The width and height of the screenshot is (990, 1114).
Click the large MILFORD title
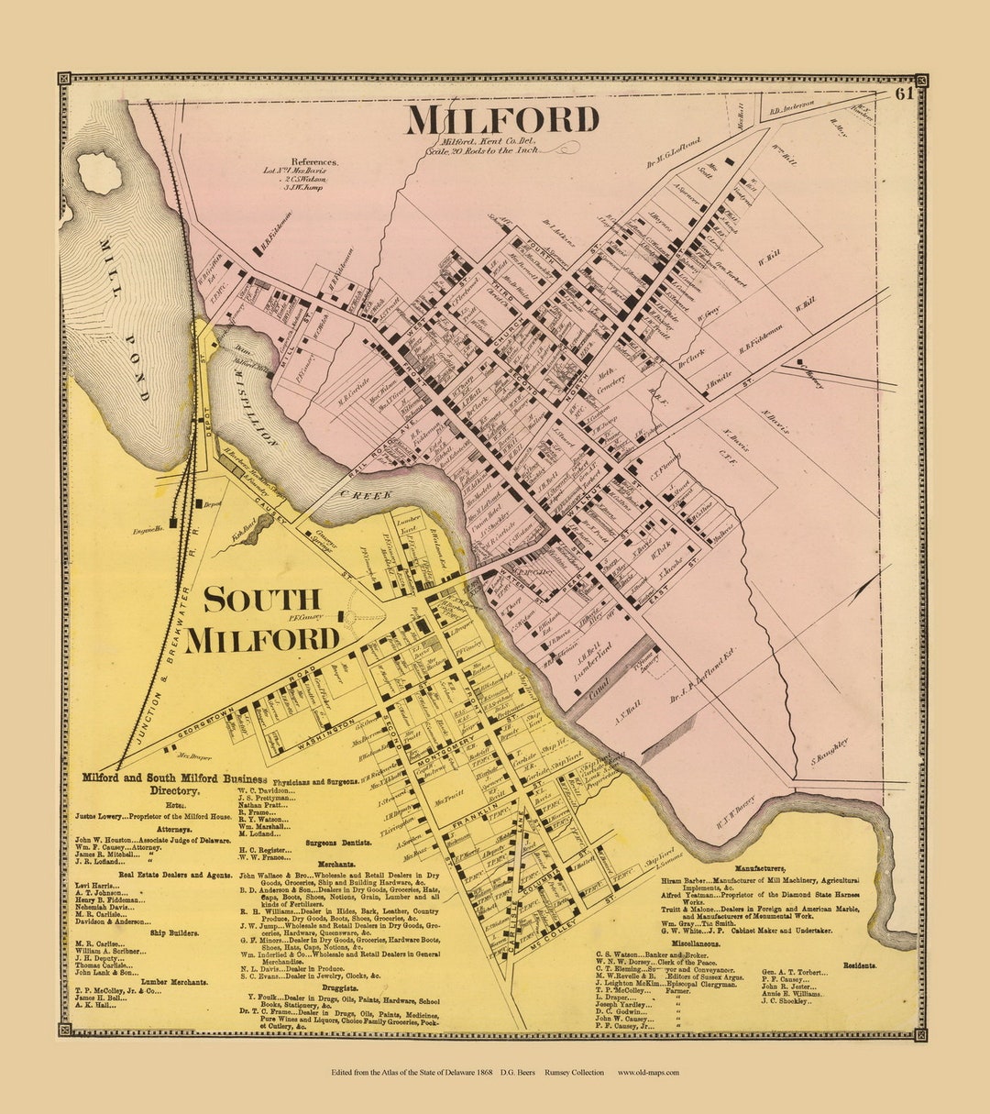click(x=502, y=120)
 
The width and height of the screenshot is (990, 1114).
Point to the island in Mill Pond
click(x=99, y=172)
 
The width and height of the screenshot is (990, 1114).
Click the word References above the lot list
click(x=315, y=161)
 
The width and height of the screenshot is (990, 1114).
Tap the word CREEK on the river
click(x=372, y=494)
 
